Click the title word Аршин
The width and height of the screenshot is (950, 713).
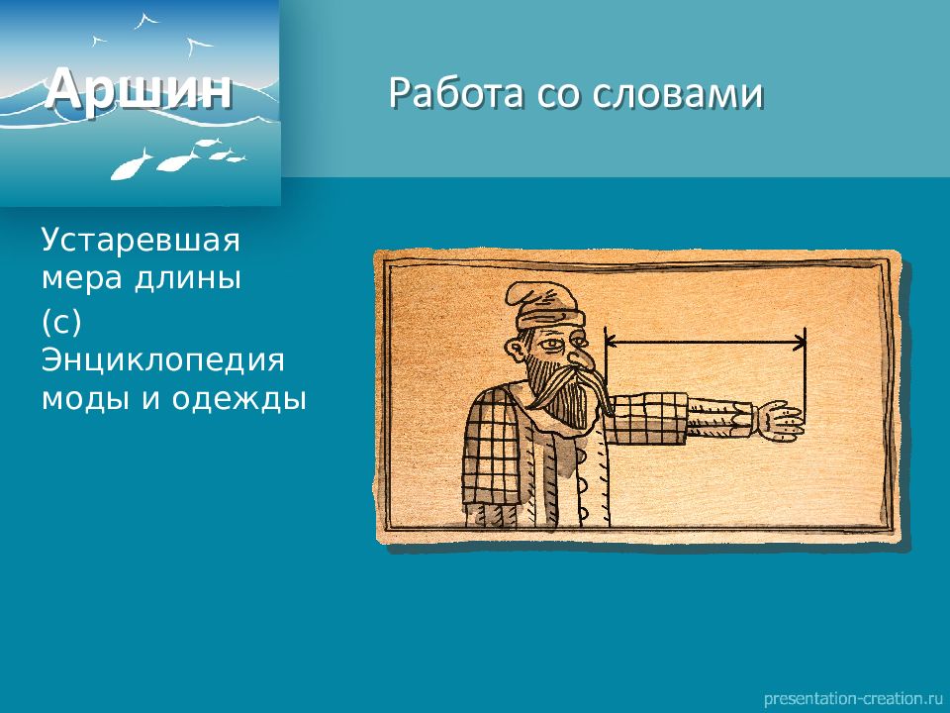tap(139, 90)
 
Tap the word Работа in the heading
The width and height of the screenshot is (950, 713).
tap(455, 93)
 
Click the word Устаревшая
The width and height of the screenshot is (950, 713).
tap(141, 240)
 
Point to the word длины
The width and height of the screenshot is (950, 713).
tap(188, 279)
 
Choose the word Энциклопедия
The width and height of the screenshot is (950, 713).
tap(163, 360)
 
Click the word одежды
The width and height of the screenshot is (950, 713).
tap(239, 400)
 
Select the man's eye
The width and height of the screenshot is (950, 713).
tap(552, 345)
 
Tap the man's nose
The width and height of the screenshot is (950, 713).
tap(579, 356)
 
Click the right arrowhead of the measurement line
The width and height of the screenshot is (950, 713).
tap(801, 344)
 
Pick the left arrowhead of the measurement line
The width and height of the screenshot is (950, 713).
tap(611, 344)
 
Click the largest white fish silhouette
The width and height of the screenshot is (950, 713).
tap(130, 165)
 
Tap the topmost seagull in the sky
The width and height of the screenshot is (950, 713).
tap(145, 21)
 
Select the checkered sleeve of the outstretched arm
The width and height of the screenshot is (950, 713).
tap(648, 418)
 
